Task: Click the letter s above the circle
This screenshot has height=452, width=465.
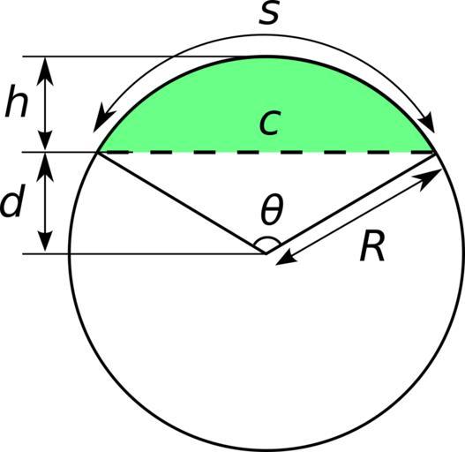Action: click(x=269, y=13)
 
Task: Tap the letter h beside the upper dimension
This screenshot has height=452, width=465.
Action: click(x=17, y=101)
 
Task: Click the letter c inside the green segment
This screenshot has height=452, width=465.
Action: click(x=269, y=124)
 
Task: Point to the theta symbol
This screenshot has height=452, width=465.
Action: click(x=272, y=208)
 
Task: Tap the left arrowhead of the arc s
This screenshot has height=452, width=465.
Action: click(x=101, y=119)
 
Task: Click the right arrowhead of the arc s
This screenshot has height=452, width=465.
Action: click(x=428, y=123)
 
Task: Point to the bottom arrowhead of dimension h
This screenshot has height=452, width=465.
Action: click(x=45, y=138)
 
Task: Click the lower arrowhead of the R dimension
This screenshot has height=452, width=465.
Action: click(x=287, y=259)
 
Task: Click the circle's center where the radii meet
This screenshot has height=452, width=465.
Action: click(x=266, y=253)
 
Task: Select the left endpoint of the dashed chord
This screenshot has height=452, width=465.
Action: click(x=98, y=153)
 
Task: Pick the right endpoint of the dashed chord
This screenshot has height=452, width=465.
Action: click(x=434, y=153)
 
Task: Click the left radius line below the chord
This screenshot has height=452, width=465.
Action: click(x=182, y=203)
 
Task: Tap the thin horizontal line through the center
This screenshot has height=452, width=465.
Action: click(x=144, y=254)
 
